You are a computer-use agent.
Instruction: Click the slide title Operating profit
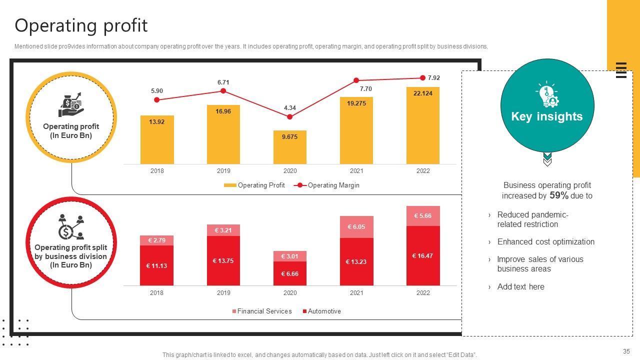point(81,25)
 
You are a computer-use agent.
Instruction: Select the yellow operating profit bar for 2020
point(290,147)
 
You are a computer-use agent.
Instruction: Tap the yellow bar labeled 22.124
point(423,125)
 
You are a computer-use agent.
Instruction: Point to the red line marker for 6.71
point(223,91)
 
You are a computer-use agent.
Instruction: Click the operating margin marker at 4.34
point(290,117)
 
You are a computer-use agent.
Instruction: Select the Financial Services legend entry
point(261,311)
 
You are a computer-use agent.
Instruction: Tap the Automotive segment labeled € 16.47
point(423,255)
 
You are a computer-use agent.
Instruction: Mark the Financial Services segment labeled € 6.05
point(356,227)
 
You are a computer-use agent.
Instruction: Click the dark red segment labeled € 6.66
point(290,273)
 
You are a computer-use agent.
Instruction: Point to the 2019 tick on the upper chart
point(223,171)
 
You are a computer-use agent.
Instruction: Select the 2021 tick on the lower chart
point(356,293)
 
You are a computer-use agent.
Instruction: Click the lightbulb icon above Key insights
point(547,94)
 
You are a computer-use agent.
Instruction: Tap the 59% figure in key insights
point(558,195)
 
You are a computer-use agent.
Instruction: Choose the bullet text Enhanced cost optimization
point(546,242)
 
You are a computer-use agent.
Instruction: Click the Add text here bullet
point(520,287)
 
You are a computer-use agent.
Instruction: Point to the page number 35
point(626,351)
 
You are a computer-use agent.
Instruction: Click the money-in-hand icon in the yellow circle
point(70,104)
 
